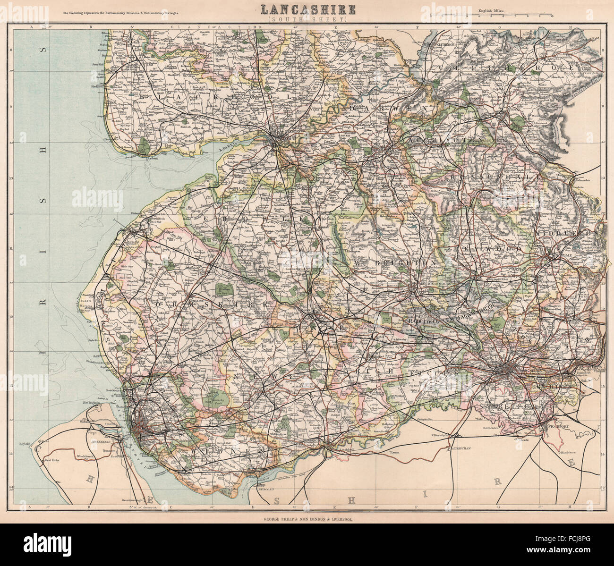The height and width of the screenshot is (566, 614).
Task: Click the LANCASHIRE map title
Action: pyautogui.click(x=307, y=9)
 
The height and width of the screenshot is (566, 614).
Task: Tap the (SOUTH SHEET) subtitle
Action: pyautogui.click(x=307, y=20)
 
